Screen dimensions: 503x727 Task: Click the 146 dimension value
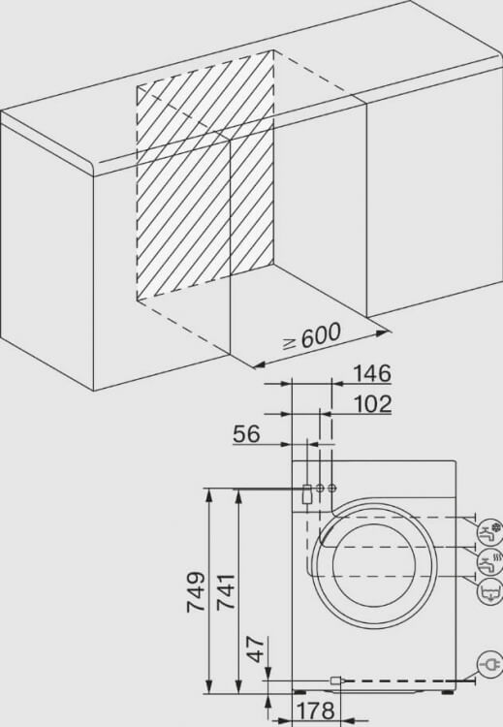click(372, 374)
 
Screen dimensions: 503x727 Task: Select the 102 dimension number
click(373, 404)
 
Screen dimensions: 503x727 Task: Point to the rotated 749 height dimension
click(196, 592)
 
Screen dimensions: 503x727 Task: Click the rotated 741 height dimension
click(226, 592)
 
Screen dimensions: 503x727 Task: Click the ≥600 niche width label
click(312, 337)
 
